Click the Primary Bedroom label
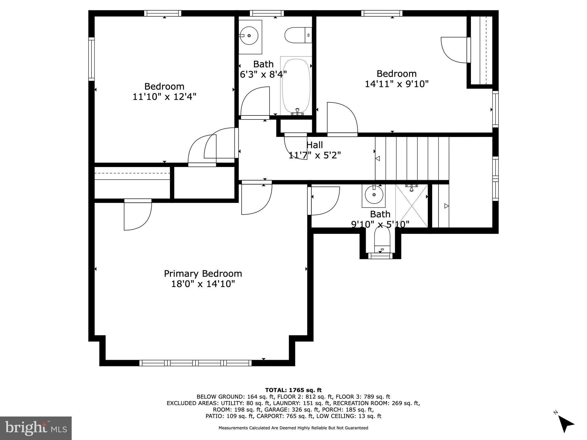click(x=203, y=274)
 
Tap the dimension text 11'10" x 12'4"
click(x=164, y=97)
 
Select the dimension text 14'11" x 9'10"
click(x=396, y=84)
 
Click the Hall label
click(x=314, y=145)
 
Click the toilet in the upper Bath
click(x=298, y=35)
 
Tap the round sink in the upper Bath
click(x=249, y=36)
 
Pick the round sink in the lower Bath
click(x=374, y=195)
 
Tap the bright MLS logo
click(x=36, y=428)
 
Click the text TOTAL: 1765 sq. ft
click(x=293, y=390)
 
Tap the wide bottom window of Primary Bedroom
click(x=195, y=363)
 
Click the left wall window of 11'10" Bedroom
click(x=91, y=59)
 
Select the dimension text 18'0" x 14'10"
click(x=203, y=284)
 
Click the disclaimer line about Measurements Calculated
click(x=293, y=428)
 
